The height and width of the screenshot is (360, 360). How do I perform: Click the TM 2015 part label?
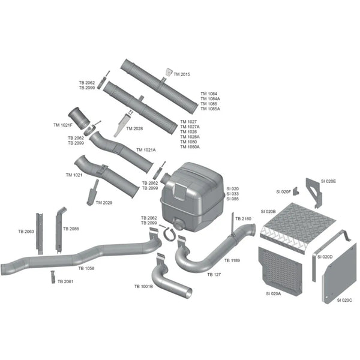click(182, 74)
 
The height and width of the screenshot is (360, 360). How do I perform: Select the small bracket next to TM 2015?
click(169, 72)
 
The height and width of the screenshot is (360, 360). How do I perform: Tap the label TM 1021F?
click(62, 125)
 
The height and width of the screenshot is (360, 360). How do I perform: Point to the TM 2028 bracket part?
click(122, 125)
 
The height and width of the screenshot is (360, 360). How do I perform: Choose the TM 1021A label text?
click(146, 150)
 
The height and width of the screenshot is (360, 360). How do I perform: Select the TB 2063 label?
click(26, 232)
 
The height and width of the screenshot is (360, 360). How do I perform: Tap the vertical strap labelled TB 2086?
click(59, 230)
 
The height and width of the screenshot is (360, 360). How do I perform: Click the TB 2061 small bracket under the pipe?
click(53, 277)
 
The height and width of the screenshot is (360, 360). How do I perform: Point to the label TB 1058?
click(86, 268)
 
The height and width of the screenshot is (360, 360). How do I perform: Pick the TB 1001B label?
click(143, 287)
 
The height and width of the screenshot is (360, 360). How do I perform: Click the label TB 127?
click(214, 274)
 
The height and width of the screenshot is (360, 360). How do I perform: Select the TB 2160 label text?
click(244, 218)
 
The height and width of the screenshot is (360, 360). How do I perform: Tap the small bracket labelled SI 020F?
click(296, 191)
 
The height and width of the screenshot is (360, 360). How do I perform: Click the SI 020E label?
click(328, 181)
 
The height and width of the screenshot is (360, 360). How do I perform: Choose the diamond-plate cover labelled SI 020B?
click(298, 227)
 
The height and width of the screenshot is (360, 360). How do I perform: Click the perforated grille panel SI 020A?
click(281, 271)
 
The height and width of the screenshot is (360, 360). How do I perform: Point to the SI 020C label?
click(344, 300)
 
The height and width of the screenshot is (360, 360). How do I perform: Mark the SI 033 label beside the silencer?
click(232, 194)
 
